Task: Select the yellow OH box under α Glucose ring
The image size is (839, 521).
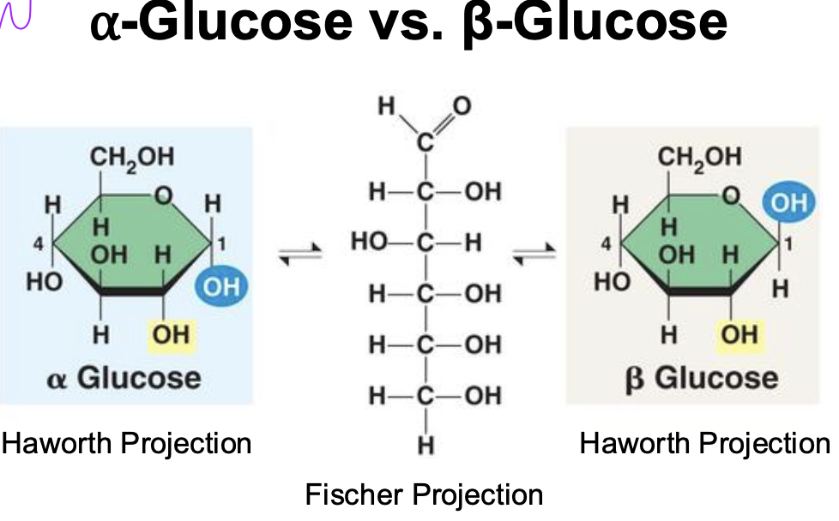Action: [172, 333]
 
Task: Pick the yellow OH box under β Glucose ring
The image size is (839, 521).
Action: [739, 333]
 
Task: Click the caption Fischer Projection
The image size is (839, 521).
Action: [424, 494]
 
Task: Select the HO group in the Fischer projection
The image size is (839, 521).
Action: [370, 243]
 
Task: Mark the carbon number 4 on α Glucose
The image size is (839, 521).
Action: [38, 243]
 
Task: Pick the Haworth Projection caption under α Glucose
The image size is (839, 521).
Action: [127, 443]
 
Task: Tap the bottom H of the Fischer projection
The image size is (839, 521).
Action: [425, 446]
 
